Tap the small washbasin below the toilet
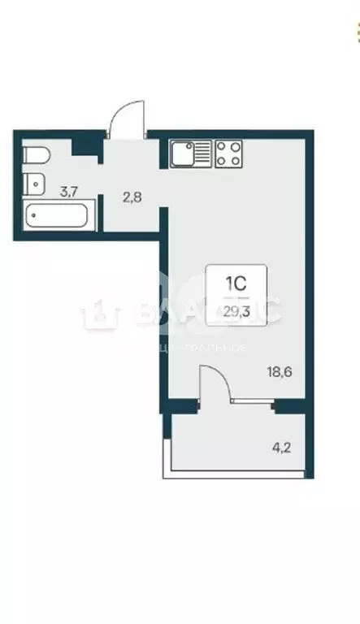34,184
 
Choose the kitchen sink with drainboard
190,153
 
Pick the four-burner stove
228,153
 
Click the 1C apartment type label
236,284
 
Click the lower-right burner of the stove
235,160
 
